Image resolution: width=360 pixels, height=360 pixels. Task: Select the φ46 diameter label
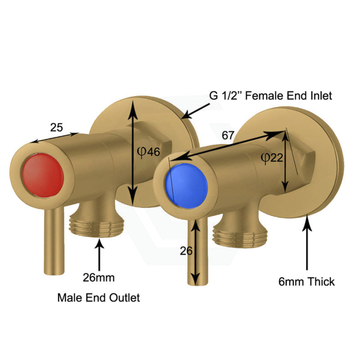[x=148, y=152]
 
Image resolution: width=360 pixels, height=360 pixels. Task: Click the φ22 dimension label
[x=272, y=158]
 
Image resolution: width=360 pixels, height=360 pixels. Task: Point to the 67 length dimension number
[x=228, y=135]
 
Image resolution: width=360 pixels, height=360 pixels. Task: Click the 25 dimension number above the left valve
[x=56, y=128]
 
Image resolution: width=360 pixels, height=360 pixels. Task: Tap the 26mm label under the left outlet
[x=98, y=277]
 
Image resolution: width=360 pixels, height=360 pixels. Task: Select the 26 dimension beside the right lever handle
[x=186, y=251]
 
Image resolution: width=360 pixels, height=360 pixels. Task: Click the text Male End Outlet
[x=99, y=298]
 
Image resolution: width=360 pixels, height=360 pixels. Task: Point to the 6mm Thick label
[x=307, y=282]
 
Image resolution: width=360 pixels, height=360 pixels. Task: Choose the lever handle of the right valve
[x=195, y=256]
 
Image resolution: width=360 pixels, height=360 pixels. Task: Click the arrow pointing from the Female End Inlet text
[x=196, y=111]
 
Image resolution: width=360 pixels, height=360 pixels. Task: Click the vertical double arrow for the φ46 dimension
[x=131, y=152]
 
